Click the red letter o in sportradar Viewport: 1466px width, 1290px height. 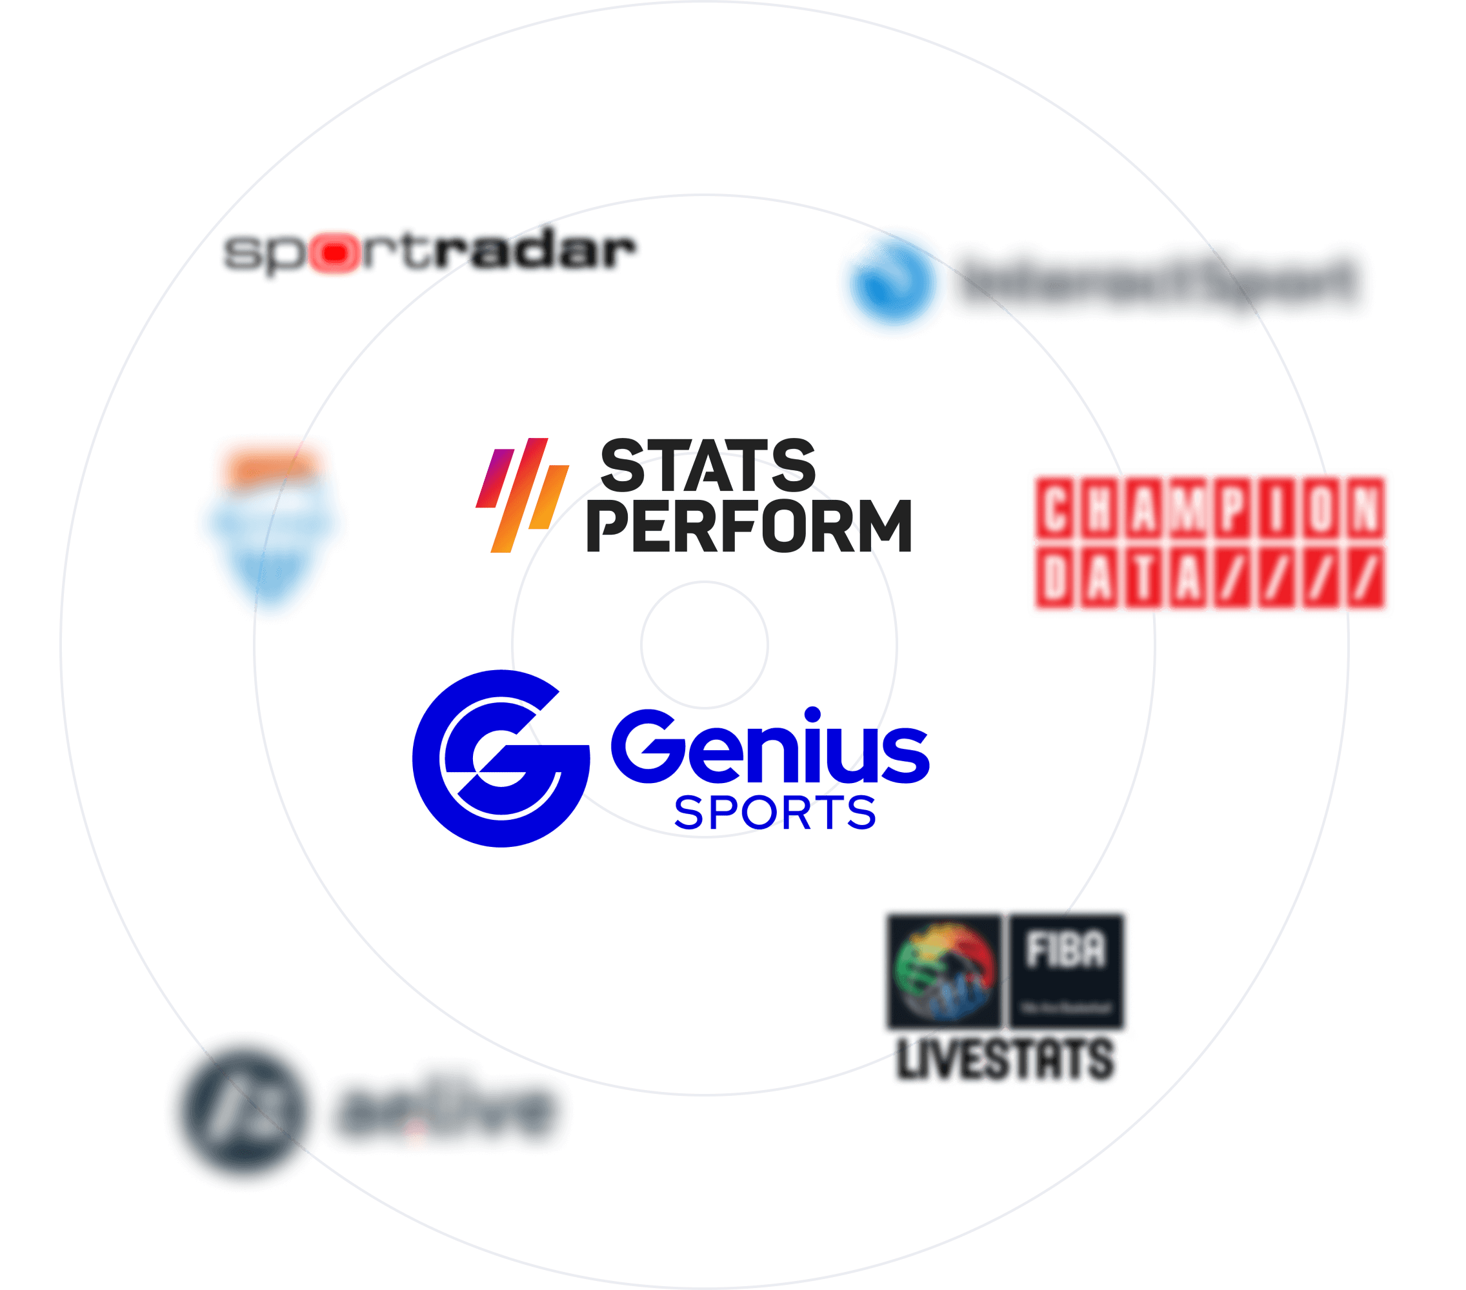[x=334, y=253]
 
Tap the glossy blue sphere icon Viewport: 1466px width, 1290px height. [x=892, y=282]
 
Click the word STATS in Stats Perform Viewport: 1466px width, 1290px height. [x=707, y=466]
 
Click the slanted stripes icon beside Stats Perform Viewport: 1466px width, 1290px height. [x=522, y=495]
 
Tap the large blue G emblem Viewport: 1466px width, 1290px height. [x=500, y=759]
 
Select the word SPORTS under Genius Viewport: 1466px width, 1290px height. [x=774, y=813]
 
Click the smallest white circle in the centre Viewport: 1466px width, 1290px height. [x=705, y=644]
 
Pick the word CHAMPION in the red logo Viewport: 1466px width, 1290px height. [x=1210, y=508]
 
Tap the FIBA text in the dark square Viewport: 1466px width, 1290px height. [x=1066, y=949]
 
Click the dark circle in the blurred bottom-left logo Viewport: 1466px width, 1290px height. [x=242, y=1111]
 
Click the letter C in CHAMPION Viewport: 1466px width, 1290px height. [x=1054, y=508]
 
